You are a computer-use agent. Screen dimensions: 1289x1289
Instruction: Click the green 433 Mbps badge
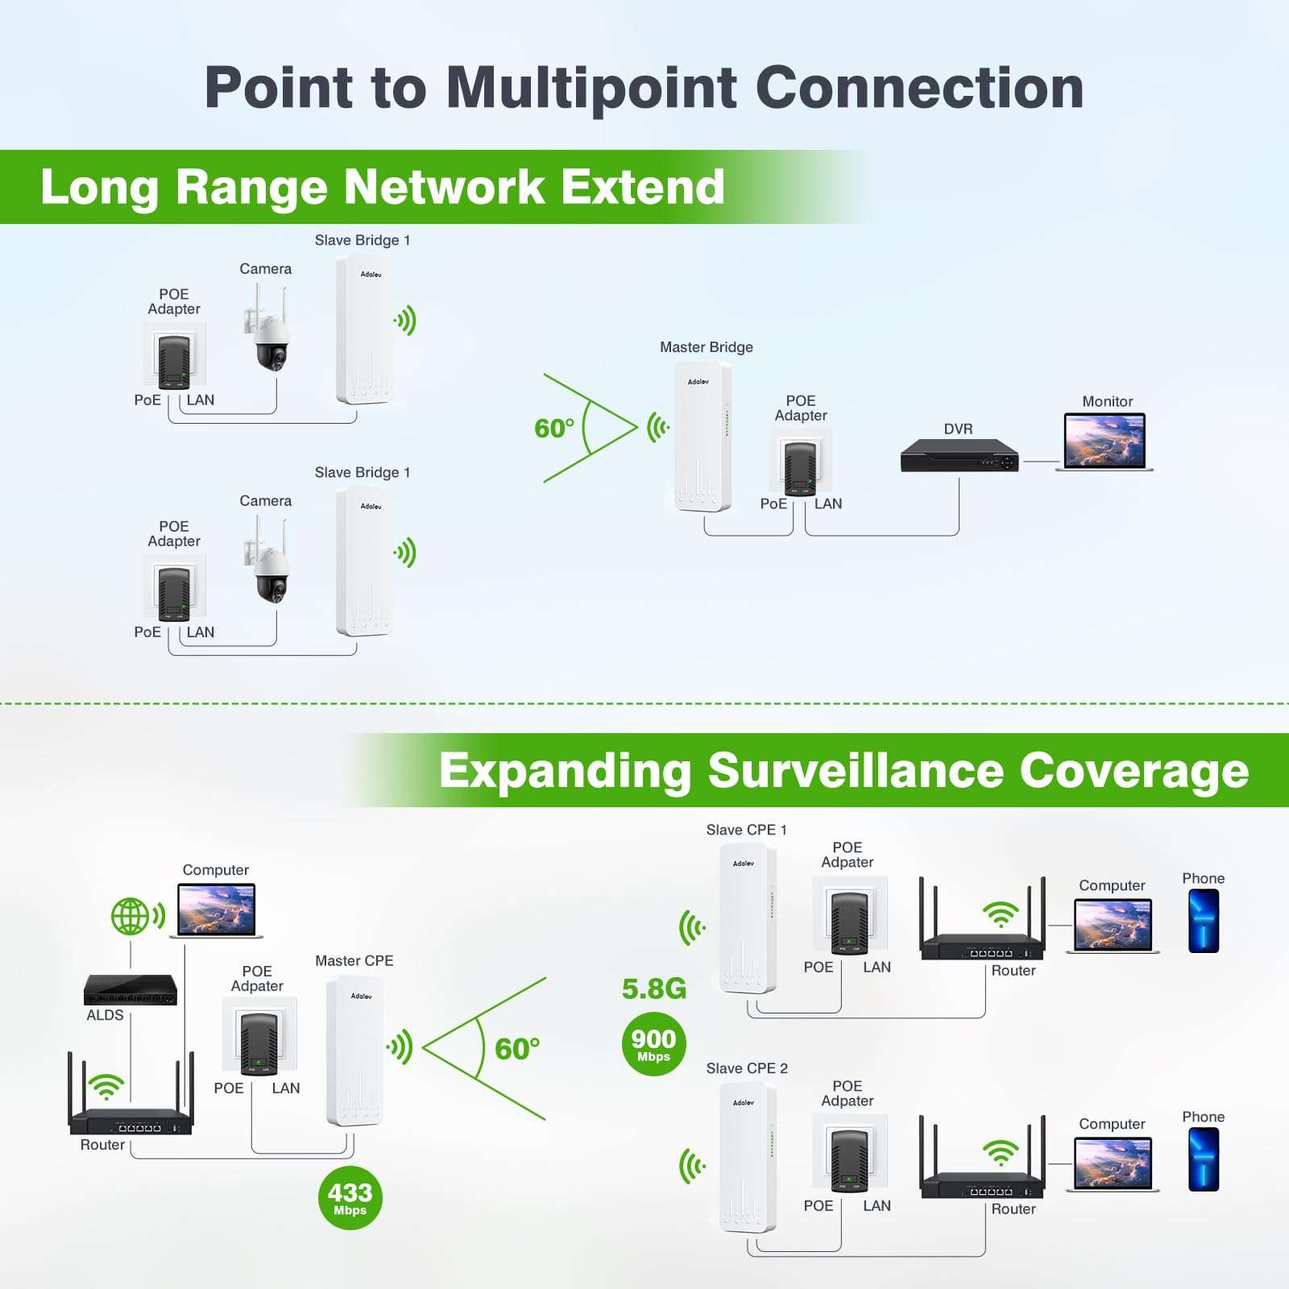pos(350,1198)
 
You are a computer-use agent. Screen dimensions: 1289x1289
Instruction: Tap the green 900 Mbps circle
pos(653,1044)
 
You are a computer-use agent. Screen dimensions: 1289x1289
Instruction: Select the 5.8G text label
pos(653,989)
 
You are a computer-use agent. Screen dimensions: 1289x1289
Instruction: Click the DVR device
pos(959,456)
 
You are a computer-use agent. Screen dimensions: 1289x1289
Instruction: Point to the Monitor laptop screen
pos(1105,441)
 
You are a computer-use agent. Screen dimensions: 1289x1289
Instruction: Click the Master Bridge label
pos(707,347)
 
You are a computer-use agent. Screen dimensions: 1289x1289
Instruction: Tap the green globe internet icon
pos(131,916)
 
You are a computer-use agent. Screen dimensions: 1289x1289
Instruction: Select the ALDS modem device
pos(131,990)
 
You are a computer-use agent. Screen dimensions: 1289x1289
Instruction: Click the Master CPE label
pos(354,961)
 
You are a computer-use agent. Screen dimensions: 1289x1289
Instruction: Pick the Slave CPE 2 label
pos(747,1068)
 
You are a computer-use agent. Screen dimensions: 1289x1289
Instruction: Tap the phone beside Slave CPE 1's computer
pos(1204,921)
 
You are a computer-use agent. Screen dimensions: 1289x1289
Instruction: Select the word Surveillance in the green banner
pos(856,771)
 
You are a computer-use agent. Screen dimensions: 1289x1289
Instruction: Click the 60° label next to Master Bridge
pos(554,429)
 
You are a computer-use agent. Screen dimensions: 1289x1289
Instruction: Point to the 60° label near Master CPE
pos(516,1049)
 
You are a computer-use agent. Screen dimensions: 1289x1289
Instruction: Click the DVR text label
pos(958,429)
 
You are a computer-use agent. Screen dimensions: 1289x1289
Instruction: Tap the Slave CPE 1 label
pos(746,830)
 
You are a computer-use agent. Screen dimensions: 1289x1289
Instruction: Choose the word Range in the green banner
pos(253,187)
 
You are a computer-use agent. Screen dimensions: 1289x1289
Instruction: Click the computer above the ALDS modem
pos(217,910)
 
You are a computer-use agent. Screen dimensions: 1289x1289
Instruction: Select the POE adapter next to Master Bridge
pos(800,463)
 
